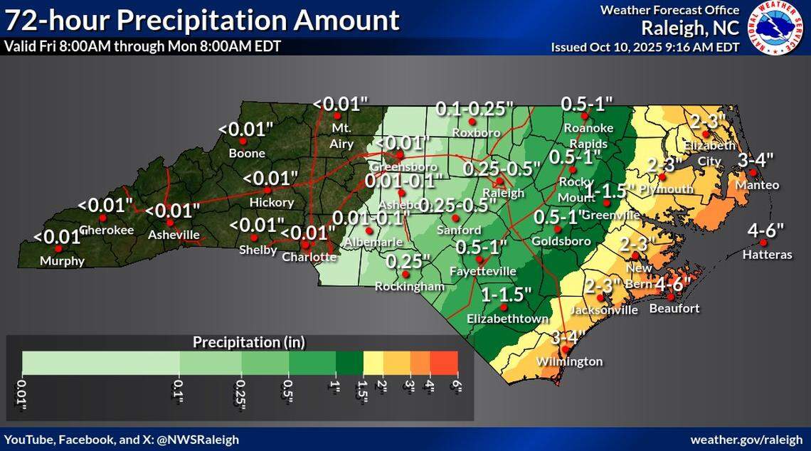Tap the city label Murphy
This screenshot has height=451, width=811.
63,261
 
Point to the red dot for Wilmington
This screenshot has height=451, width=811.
566,349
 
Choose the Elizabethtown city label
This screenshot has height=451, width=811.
507,319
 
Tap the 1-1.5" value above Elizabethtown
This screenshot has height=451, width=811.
507,294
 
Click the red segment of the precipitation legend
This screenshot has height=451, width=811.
445,363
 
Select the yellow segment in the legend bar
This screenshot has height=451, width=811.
373,363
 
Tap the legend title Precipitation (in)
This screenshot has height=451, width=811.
249,342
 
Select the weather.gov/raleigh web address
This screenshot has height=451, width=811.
747,440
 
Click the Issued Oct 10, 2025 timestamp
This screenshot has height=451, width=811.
645,47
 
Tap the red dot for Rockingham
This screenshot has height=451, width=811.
405,274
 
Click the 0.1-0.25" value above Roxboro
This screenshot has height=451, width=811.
475,109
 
